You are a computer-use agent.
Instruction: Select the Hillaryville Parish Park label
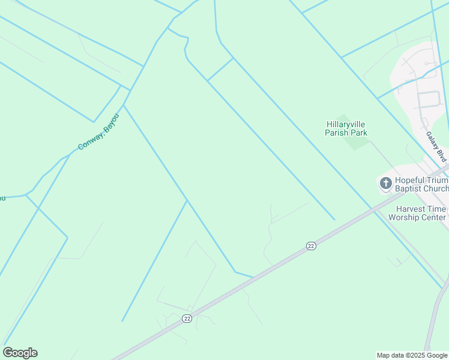pos(346,128)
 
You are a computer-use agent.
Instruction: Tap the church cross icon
pos(385,182)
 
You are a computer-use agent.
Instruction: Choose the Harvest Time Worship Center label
pos(417,213)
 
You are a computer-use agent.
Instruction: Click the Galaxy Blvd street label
pos(436,147)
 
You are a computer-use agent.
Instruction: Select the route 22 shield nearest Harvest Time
pos(310,245)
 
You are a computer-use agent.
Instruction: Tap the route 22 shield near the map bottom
pos(187,318)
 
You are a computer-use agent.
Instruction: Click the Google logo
pos(20,353)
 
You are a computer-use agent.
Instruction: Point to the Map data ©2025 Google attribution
pos(412,355)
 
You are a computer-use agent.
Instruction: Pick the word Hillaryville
pos(346,124)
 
